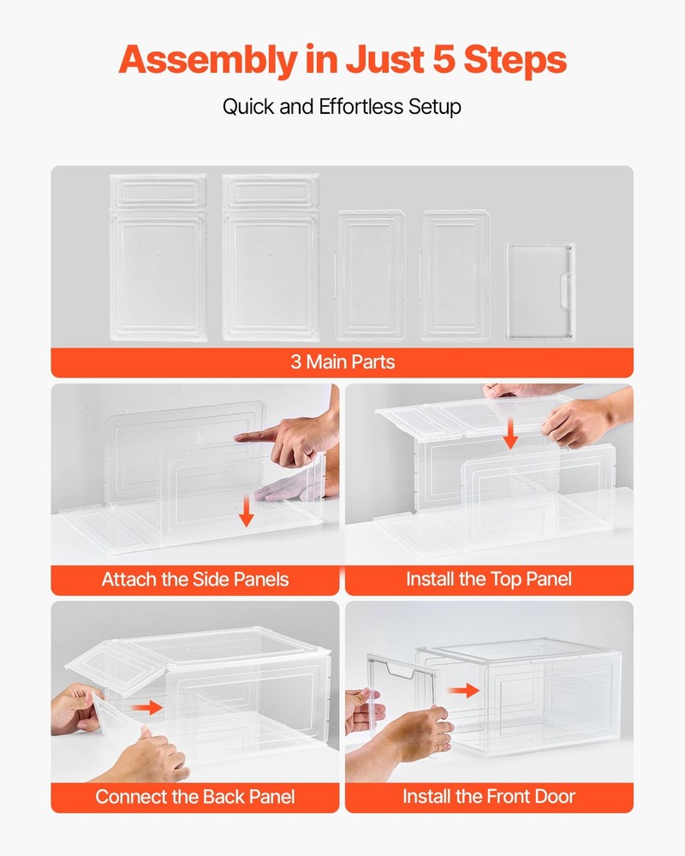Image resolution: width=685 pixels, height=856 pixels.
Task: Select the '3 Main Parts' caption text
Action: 342,362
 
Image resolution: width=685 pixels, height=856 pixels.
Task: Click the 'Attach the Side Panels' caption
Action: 195,580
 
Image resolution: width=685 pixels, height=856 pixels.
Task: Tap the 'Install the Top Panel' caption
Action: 489,580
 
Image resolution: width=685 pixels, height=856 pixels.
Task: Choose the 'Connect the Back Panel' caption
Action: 195,797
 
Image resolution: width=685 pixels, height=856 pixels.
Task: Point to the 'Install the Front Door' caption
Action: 489,797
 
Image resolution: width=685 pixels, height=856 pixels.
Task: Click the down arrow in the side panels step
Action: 247,514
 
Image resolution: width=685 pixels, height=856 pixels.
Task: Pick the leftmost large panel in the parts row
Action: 158,257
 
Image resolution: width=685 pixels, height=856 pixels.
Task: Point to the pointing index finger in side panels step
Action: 257,437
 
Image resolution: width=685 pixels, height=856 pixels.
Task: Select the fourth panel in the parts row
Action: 456,274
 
